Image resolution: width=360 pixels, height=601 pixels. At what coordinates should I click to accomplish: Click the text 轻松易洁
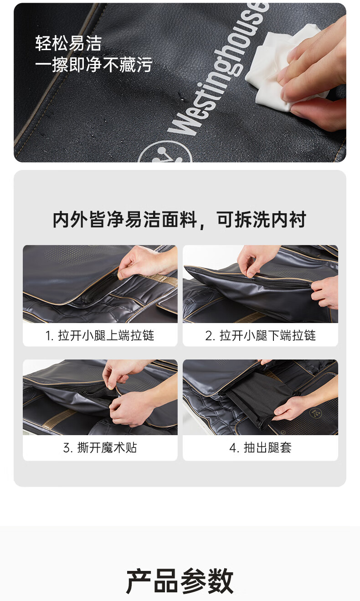click(x=68, y=43)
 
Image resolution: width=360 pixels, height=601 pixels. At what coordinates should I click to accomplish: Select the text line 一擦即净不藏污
click(x=94, y=65)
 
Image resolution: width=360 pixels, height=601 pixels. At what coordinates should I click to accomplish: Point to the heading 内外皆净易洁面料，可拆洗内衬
click(x=180, y=220)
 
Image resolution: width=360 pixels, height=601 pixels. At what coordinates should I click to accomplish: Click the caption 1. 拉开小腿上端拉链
click(x=100, y=335)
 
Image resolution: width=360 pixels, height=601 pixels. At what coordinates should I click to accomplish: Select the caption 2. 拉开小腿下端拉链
click(x=261, y=335)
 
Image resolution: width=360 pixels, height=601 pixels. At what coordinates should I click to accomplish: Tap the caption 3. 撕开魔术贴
click(x=100, y=447)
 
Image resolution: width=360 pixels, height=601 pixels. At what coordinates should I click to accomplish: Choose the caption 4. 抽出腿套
click(x=261, y=447)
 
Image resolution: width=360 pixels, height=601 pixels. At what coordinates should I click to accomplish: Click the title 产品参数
click(x=180, y=581)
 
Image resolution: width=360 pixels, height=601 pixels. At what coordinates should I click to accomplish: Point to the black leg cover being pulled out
click(x=255, y=395)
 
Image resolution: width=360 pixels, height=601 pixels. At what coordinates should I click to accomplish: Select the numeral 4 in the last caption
click(x=232, y=448)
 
